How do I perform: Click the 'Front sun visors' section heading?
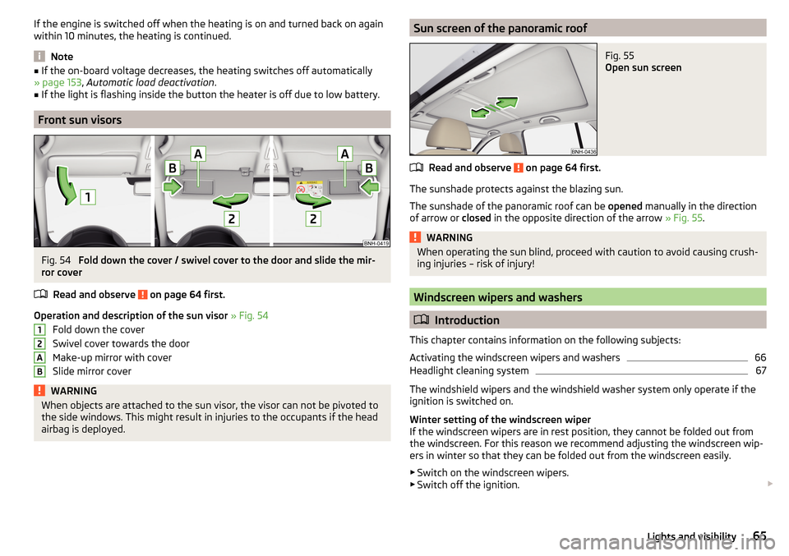[80, 120]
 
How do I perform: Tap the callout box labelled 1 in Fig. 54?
[88, 196]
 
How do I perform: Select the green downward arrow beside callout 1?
[66, 185]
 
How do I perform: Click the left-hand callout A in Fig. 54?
[198, 154]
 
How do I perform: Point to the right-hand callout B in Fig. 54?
[369, 168]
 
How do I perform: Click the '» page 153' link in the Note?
[58, 82]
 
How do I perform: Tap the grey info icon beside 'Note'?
[39, 57]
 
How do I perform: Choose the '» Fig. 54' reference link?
[250, 315]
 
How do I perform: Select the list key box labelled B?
[39, 371]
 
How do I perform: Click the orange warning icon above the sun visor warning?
[39, 391]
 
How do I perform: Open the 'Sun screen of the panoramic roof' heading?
[501, 28]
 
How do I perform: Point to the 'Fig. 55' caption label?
[620, 56]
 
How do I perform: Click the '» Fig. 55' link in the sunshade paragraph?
[683, 218]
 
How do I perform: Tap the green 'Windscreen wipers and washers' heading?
[498, 297]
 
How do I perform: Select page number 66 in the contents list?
[760, 357]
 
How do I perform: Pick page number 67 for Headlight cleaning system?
[761, 370]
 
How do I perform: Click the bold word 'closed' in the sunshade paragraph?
[476, 218]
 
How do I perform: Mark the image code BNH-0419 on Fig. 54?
[376, 243]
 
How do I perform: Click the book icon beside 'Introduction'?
[421, 319]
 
